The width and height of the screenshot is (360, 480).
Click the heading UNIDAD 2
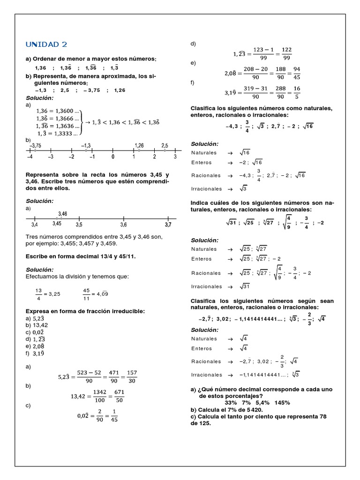46,45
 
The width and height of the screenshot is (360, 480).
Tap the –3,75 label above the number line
35,145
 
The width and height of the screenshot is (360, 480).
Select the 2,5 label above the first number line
165,145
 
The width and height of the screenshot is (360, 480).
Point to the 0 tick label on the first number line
112,157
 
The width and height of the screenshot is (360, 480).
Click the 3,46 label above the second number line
63,213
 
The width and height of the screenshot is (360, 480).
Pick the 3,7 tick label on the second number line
168,225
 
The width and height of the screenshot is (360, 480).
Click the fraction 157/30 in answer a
132,376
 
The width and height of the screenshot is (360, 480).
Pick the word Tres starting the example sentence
32,237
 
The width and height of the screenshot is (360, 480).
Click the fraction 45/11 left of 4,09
86,294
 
